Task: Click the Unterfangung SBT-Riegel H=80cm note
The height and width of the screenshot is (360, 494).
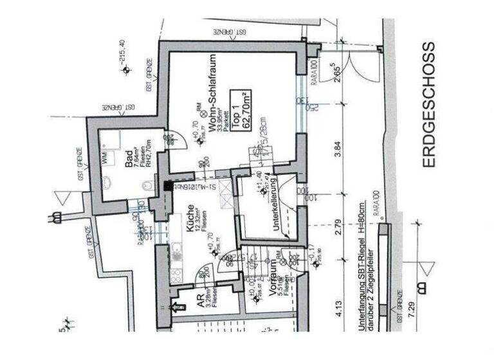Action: (363, 265)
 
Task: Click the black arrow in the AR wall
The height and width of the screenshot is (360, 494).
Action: (174, 307)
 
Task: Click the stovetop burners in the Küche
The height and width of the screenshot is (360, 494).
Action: (176, 270)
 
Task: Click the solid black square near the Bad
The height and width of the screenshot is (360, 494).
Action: (168, 185)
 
